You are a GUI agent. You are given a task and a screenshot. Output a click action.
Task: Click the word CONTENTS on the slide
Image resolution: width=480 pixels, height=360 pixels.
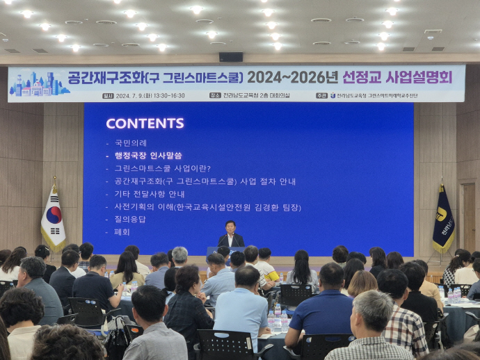pos(145,123)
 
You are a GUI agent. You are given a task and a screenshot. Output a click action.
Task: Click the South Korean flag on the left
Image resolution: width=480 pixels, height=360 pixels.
pos(52,220)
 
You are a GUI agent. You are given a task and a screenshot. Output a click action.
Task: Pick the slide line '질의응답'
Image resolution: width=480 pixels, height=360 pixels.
pos(130,219)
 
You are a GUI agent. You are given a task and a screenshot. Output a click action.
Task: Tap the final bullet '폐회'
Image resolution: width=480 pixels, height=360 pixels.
pos(122,231)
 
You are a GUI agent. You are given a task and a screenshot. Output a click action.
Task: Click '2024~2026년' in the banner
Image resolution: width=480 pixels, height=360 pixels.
pos(292,77)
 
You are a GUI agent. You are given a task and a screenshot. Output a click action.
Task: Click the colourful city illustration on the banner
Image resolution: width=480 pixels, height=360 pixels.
pos(39,84)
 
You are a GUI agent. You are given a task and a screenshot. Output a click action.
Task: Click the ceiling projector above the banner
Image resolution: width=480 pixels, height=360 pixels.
pos(231,57)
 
